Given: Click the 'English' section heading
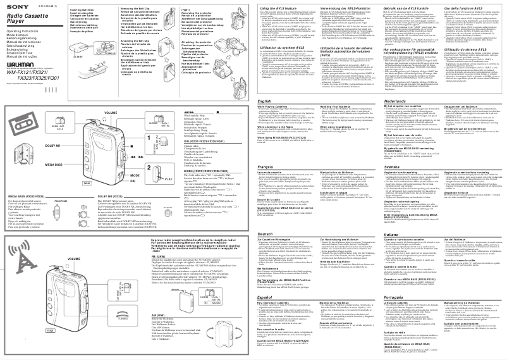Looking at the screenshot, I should point(267,101).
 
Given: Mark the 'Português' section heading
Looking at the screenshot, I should point(395,296).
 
